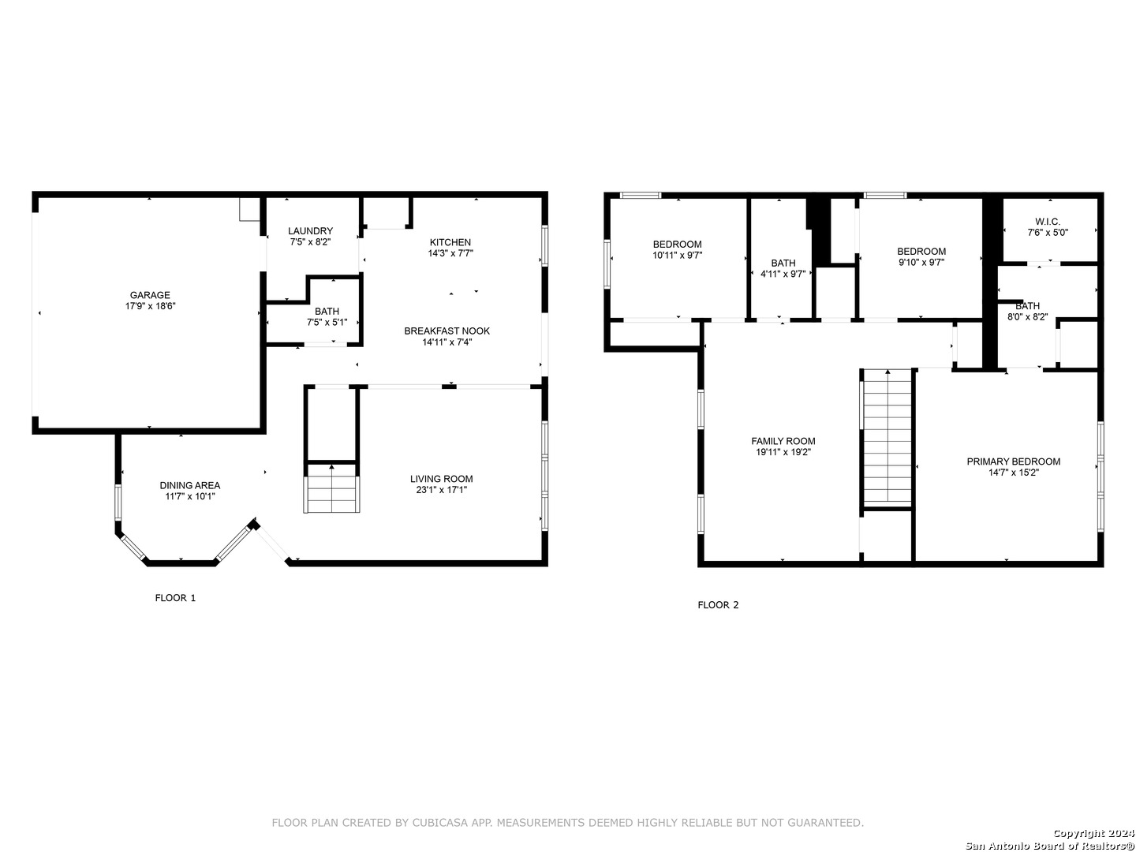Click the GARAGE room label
(x=150, y=295)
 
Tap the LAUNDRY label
(x=310, y=230)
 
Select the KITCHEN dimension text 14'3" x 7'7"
(x=450, y=253)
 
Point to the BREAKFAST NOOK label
(x=447, y=331)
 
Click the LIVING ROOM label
(x=442, y=479)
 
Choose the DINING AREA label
(x=190, y=485)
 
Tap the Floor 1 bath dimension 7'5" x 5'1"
(x=327, y=323)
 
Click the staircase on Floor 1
(x=331, y=487)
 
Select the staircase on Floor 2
(x=887, y=438)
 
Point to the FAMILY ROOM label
(x=783, y=441)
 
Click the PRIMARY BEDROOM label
(x=1014, y=461)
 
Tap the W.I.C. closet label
(x=1048, y=222)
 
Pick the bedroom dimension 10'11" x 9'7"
(x=677, y=255)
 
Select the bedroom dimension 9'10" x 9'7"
(x=921, y=262)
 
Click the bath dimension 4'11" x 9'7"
(x=783, y=275)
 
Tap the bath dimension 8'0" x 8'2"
(x=1027, y=317)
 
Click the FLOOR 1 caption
(x=175, y=598)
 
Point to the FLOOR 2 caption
(x=718, y=605)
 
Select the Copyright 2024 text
(x=1093, y=833)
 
